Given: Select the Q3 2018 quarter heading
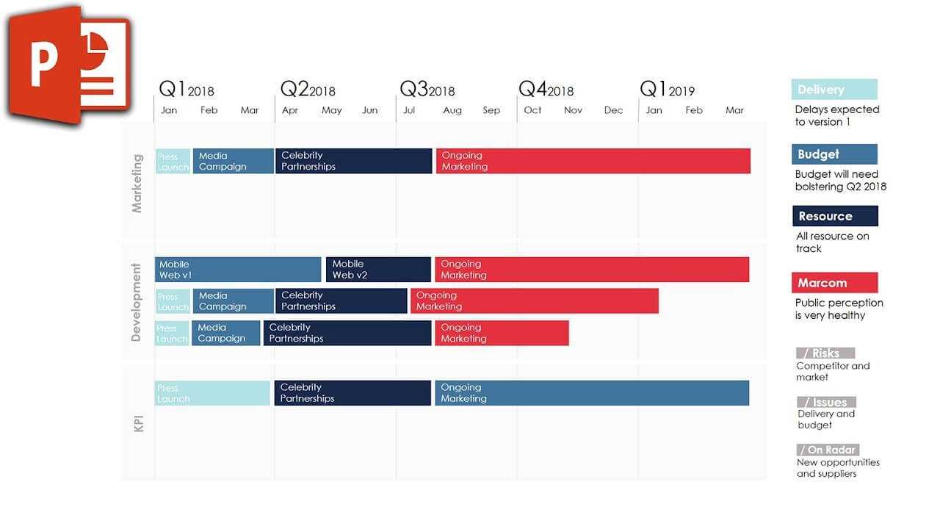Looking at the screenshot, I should (x=427, y=90).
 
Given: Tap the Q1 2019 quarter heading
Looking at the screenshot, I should (x=667, y=90).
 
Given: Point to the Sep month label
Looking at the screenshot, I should (x=491, y=110).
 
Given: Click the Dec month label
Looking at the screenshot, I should (x=613, y=110).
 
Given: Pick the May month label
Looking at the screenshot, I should (x=331, y=110).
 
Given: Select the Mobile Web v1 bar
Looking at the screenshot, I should (x=238, y=270).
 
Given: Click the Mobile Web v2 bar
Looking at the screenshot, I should (x=378, y=270).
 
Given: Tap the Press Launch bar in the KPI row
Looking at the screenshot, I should (x=212, y=393).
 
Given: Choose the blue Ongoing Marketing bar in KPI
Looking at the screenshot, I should (x=591, y=393).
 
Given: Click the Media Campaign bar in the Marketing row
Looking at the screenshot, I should (x=233, y=161).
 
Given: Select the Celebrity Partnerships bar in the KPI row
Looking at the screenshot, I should (x=352, y=393).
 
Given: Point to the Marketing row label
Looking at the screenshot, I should (x=137, y=183).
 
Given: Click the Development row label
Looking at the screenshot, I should (x=136, y=302).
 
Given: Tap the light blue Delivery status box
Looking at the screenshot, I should (x=834, y=90).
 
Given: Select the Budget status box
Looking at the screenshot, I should (x=834, y=154).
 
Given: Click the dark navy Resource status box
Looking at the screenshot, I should (x=835, y=216).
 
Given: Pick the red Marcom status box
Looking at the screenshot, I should (x=834, y=283).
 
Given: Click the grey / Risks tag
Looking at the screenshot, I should (x=825, y=353).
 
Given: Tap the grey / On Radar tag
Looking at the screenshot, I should (x=828, y=450).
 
